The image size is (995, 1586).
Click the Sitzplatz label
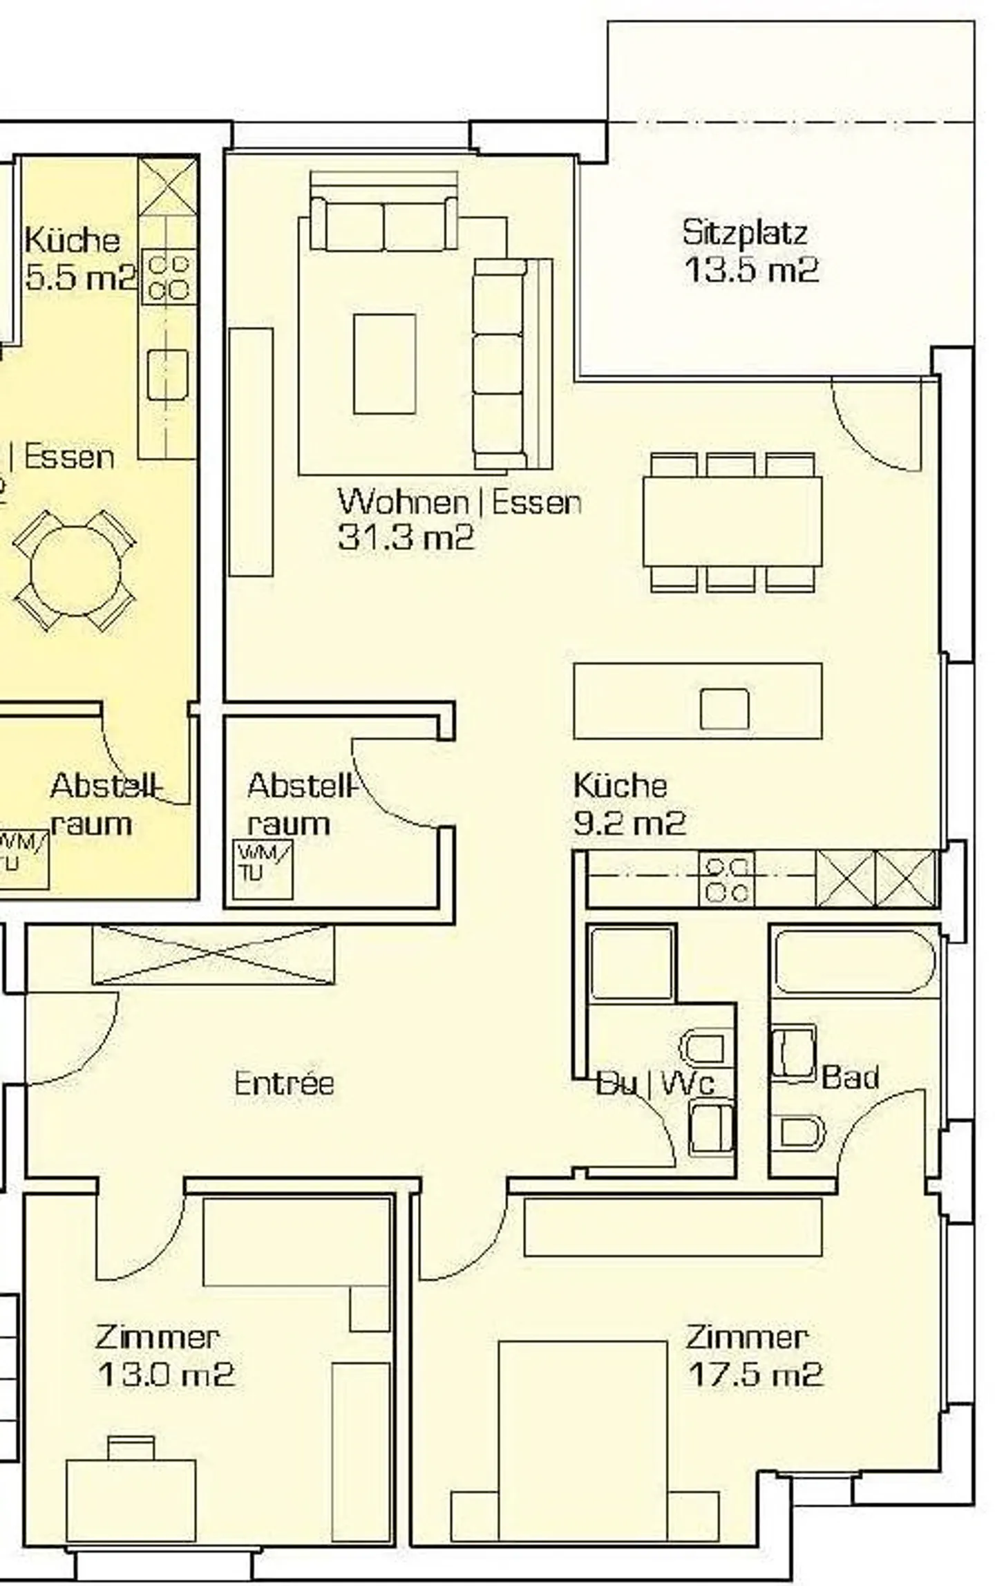(x=744, y=232)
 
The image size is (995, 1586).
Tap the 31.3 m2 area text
(x=406, y=537)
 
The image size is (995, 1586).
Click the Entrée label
(x=284, y=1083)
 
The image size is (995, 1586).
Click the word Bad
(x=850, y=1077)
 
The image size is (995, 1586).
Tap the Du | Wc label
(x=654, y=1083)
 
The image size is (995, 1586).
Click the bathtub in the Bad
(x=855, y=962)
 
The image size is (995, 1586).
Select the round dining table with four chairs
(x=75, y=571)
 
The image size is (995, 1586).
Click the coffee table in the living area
(x=384, y=364)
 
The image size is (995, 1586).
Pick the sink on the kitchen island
(x=723, y=708)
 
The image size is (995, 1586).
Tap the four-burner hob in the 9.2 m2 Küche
(x=726, y=879)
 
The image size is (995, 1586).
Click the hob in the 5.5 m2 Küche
(x=168, y=277)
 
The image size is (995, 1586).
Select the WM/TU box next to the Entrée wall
(x=262, y=869)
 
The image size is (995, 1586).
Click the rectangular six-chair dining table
(x=732, y=522)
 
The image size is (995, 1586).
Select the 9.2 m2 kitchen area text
(x=629, y=823)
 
